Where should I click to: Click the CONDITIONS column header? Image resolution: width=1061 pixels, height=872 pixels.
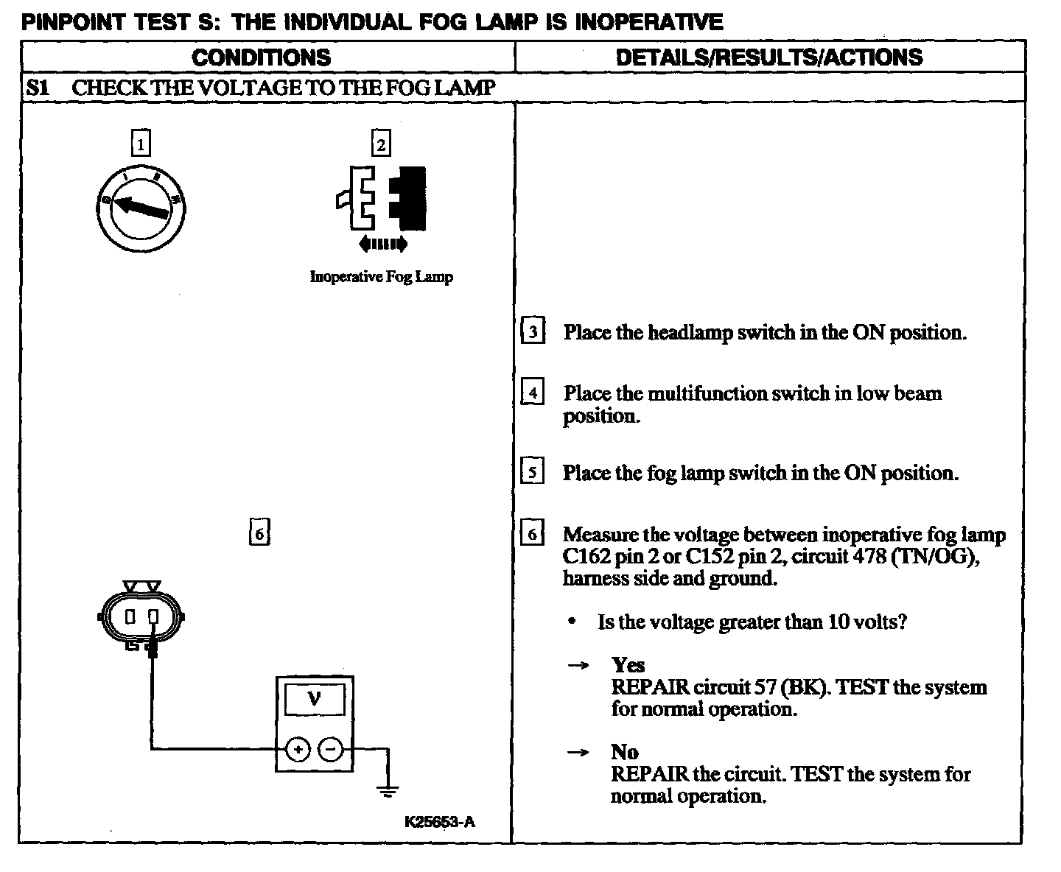coord(262,57)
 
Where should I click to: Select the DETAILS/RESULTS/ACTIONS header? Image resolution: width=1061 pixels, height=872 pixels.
coord(768,57)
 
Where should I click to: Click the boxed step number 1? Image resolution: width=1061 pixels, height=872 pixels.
coord(140,143)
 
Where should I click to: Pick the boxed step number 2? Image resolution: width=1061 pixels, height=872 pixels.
coord(380,144)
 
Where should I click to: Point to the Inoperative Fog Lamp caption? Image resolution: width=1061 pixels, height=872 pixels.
coord(381,277)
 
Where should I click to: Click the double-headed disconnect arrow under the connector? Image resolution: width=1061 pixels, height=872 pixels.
coord(382,244)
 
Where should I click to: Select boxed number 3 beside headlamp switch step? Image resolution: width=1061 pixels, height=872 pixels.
coord(533,331)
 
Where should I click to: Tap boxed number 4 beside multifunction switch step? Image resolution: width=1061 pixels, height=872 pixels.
coord(533,393)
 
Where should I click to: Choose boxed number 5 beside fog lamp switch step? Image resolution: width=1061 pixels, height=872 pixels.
coord(532,472)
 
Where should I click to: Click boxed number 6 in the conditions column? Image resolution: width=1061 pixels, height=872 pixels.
coord(259,532)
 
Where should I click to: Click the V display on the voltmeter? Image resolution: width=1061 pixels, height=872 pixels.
coord(315,697)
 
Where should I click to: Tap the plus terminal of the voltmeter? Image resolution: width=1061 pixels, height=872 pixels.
coord(298,750)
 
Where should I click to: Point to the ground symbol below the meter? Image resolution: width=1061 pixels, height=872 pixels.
coord(388,792)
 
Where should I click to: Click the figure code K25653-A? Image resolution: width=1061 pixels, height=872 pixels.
coord(440,822)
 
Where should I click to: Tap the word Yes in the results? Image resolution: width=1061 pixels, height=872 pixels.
coord(628,665)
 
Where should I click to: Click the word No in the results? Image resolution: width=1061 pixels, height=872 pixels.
coord(624,752)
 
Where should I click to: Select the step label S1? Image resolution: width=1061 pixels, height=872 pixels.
coord(38,88)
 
